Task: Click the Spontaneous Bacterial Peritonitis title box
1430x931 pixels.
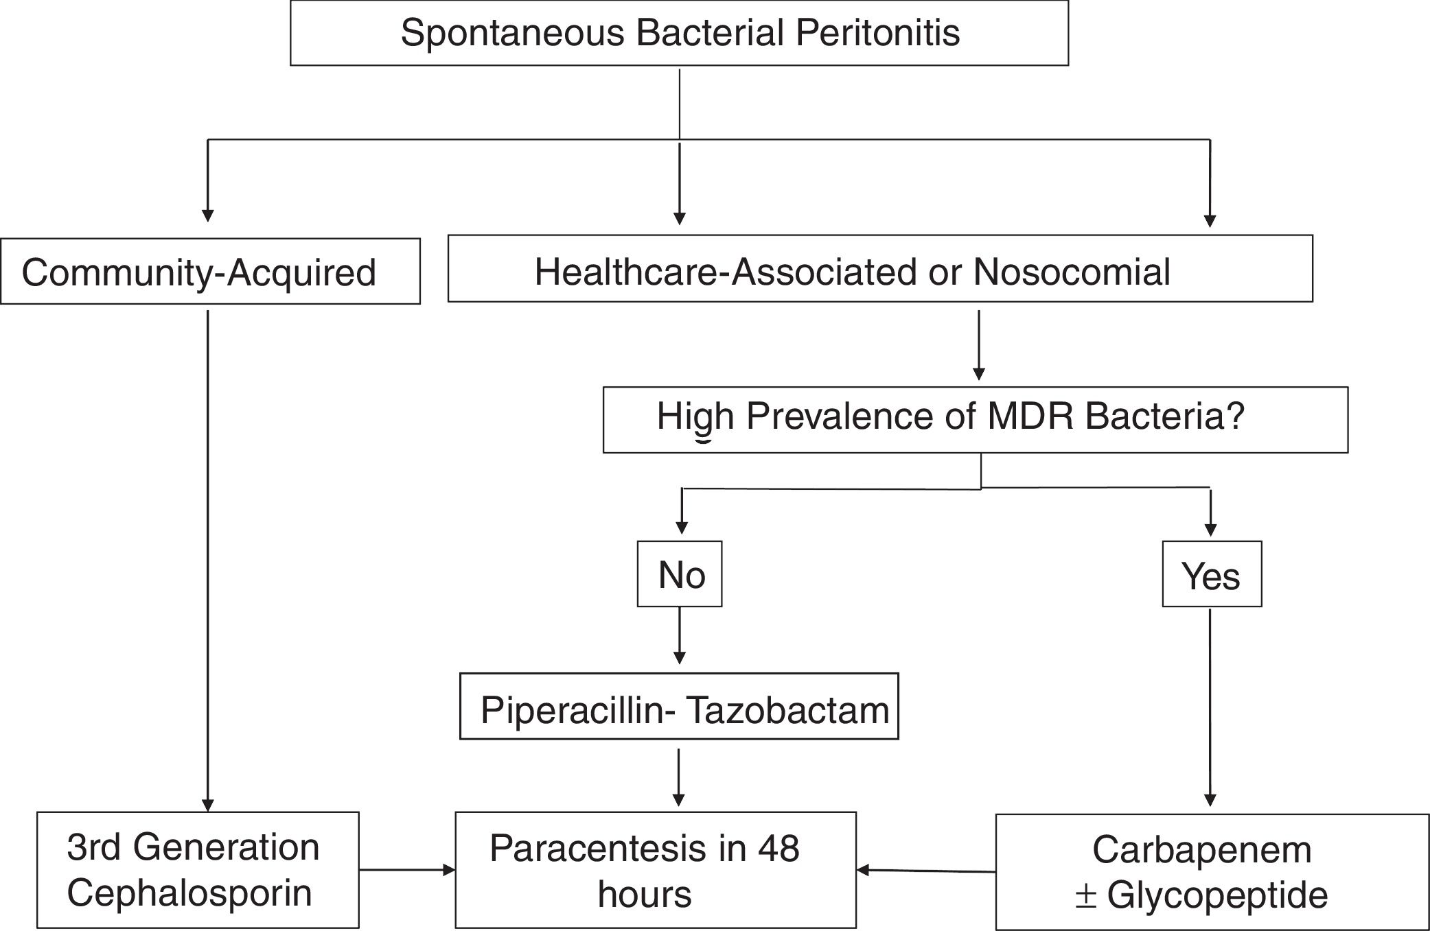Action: click(679, 33)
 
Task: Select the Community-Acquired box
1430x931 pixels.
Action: click(210, 272)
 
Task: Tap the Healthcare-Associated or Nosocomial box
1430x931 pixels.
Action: click(879, 269)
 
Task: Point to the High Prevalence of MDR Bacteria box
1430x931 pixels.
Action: click(975, 419)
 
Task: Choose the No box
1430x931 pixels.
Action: click(680, 574)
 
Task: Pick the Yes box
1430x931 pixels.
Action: click(1211, 574)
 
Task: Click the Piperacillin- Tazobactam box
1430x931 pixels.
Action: click(679, 707)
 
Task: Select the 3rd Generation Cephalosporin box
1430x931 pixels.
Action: click(198, 870)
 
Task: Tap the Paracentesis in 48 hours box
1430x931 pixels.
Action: click(656, 870)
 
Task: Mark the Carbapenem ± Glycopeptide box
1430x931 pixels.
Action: click(1211, 871)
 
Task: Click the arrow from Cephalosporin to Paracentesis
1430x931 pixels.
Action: click(407, 870)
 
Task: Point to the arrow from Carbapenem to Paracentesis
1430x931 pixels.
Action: click(926, 871)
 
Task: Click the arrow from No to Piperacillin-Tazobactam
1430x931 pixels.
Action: click(680, 635)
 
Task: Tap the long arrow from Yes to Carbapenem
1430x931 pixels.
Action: click(1210, 707)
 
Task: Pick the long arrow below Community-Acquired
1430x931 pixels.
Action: click(208, 559)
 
